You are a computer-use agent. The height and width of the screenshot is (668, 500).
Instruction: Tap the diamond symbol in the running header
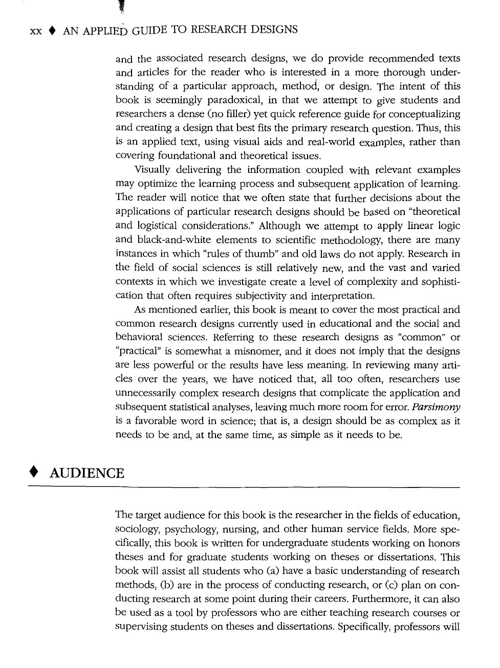[x=52, y=31]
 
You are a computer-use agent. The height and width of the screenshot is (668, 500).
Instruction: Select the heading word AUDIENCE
[x=86, y=473]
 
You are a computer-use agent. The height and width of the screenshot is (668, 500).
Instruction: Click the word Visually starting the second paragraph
[x=153, y=170]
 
